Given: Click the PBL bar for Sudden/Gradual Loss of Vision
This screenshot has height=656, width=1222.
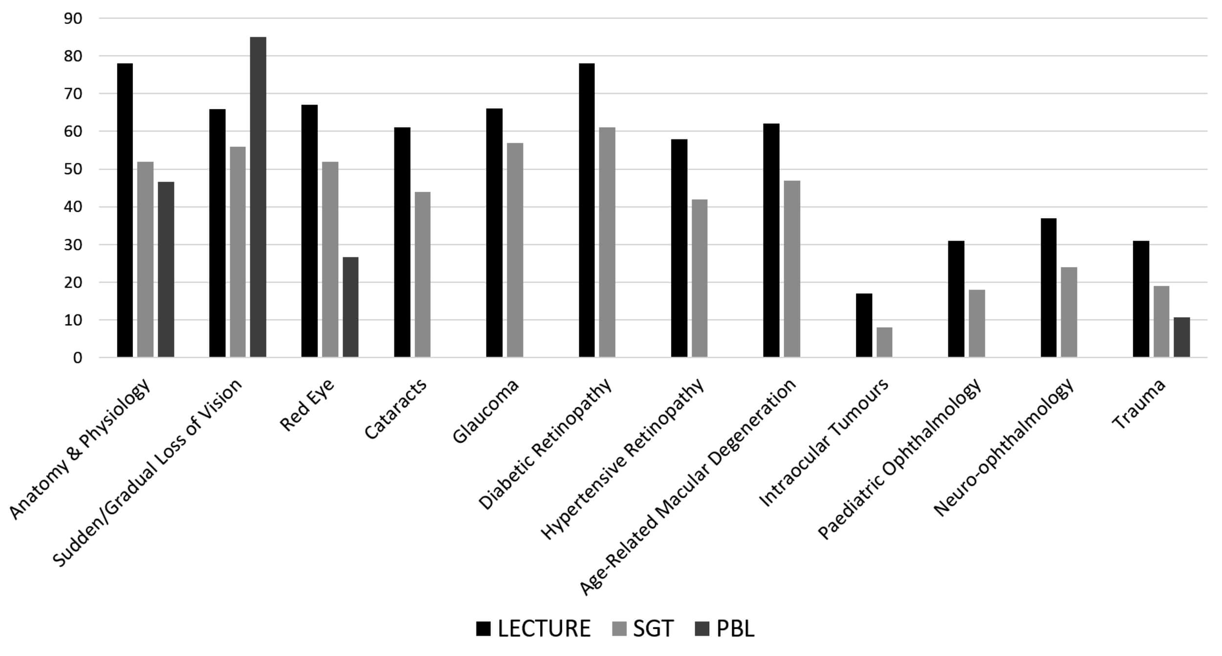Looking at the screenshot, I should point(258,197).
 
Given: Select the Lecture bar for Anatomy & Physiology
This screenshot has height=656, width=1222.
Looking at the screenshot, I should point(125,210).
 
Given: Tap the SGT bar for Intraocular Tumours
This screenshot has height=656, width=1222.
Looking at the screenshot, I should point(884,342).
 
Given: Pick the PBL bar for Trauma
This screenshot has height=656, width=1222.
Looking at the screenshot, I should point(1182,337).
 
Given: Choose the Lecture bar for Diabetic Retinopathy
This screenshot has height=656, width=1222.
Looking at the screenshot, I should point(587,210).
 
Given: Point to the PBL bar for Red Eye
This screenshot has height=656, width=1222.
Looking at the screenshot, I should point(350,307).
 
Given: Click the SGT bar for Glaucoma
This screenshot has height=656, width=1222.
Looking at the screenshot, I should point(515,249).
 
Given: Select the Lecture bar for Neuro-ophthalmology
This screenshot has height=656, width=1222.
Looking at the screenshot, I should point(1048,288).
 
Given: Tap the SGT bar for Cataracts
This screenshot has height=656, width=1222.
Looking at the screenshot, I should point(422,274).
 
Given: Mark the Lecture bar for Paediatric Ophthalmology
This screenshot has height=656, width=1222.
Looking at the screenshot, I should point(956,299).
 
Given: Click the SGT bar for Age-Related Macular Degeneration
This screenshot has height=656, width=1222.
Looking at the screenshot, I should point(792,269).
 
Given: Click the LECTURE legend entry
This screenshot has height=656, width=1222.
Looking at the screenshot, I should point(533,629).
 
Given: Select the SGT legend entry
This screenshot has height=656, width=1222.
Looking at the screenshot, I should point(643,629).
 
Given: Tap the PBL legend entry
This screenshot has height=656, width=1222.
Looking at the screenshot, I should point(724,629).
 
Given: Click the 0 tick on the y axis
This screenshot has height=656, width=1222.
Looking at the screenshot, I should point(78,358).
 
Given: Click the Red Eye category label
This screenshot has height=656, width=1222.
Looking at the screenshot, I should point(307,405).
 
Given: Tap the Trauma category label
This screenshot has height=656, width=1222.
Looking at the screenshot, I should point(1139,404).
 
